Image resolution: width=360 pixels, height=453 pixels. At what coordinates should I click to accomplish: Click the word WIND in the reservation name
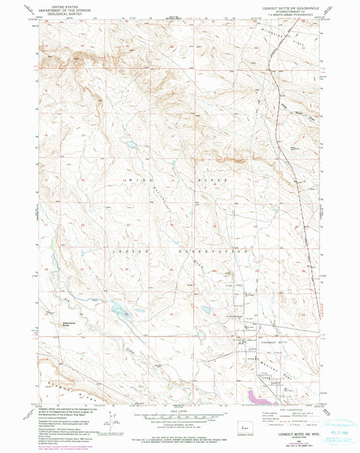coord(136,182)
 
